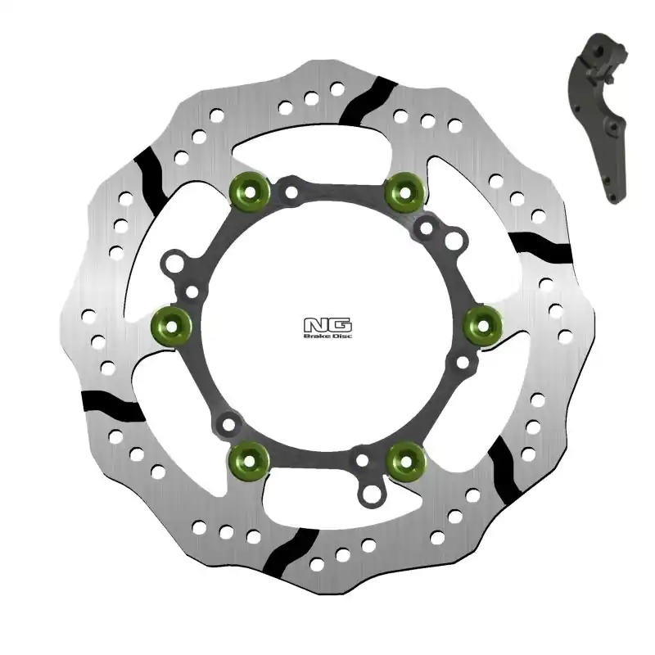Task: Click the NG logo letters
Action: (318, 324)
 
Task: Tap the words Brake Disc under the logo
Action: (318, 336)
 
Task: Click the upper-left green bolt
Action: (246, 190)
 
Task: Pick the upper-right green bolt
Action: (402, 190)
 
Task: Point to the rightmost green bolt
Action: (481, 325)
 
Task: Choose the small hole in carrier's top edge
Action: (291, 193)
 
